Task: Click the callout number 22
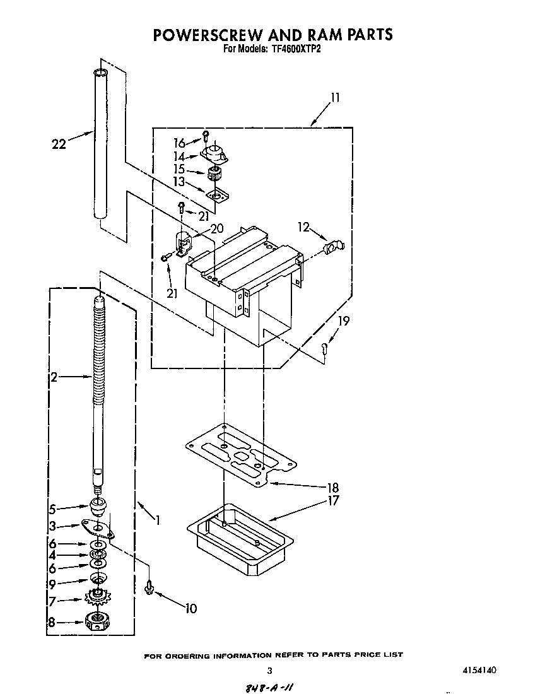[x=59, y=144]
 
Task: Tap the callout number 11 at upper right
[x=335, y=98]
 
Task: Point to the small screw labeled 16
[x=206, y=137]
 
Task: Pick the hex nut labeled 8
[x=98, y=621]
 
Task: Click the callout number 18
[x=333, y=487]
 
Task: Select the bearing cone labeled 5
[x=98, y=507]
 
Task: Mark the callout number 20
[x=216, y=229]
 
